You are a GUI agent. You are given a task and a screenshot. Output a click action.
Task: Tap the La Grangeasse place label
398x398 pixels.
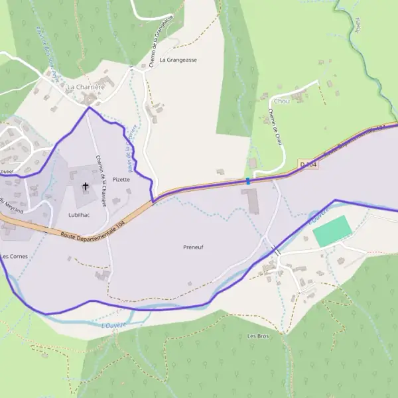[178, 60]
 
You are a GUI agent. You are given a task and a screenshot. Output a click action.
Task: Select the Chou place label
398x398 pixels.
[282, 101]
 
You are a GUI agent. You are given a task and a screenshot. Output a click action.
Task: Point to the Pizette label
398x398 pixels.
[121, 179]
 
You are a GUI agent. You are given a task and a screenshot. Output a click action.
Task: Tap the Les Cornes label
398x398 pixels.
[13, 256]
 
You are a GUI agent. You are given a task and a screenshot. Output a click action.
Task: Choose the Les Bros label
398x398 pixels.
[258, 336]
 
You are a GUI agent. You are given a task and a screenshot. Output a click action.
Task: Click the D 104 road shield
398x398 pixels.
[308, 164]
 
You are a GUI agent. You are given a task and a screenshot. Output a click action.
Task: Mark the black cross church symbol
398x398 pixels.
[85, 186]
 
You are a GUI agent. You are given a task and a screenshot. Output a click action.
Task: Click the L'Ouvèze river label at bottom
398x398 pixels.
[114, 325]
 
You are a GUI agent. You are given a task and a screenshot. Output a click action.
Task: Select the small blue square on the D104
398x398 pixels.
[248, 180]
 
